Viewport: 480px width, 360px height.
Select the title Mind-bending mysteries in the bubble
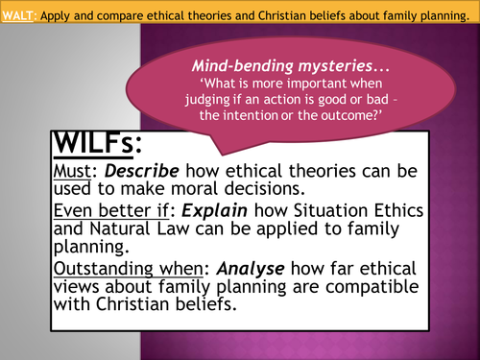pos(285,70)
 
